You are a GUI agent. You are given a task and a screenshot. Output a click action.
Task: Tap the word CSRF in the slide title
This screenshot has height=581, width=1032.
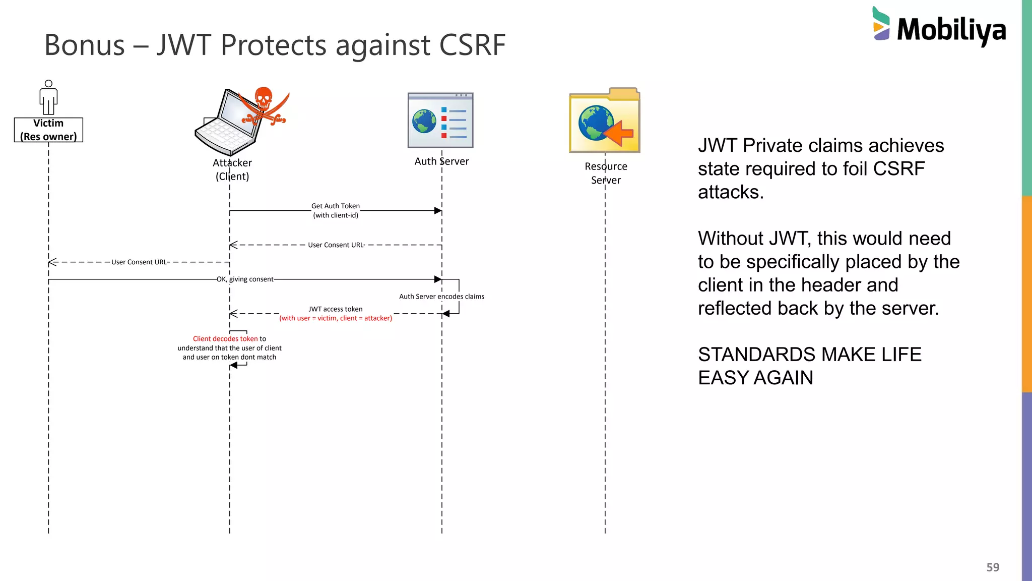pyautogui.click(x=472, y=45)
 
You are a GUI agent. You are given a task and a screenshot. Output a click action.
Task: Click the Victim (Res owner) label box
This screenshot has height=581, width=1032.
pyautogui.click(x=48, y=130)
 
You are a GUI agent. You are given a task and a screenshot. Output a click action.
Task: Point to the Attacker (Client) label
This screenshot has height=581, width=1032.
pyautogui.click(x=232, y=169)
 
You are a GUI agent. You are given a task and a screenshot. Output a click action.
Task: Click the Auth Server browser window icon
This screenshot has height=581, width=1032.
pyautogui.click(x=440, y=120)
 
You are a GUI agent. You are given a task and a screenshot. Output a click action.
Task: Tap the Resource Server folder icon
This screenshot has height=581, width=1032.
pyautogui.click(x=604, y=121)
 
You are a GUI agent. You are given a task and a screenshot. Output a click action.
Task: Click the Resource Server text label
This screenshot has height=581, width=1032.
pyautogui.click(x=606, y=173)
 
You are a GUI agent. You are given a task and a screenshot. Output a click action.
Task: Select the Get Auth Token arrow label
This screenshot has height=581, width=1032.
pyautogui.click(x=336, y=210)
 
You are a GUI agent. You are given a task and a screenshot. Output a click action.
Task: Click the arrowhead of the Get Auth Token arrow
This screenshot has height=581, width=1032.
pyautogui.click(x=438, y=211)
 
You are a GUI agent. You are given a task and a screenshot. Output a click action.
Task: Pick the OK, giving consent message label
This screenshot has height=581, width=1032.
pyautogui.click(x=245, y=279)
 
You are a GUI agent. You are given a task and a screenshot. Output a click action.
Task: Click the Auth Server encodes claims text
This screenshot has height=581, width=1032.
pyautogui.click(x=441, y=297)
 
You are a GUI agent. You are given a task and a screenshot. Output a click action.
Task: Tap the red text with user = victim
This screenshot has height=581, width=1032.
pyautogui.click(x=336, y=318)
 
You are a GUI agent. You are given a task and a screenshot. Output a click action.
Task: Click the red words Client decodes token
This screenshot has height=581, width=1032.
pyautogui.click(x=225, y=339)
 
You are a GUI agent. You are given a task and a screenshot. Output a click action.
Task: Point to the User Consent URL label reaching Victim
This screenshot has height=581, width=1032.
pyautogui.click(x=139, y=262)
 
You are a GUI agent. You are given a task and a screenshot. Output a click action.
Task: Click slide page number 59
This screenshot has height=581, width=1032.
pyautogui.click(x=993, y=567)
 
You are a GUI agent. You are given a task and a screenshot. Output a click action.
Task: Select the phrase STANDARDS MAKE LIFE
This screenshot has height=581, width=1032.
pyautogui.click(x=809, y=355)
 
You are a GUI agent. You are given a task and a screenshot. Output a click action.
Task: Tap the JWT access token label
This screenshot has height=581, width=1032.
pyautogui.click(x=336, y=309)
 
